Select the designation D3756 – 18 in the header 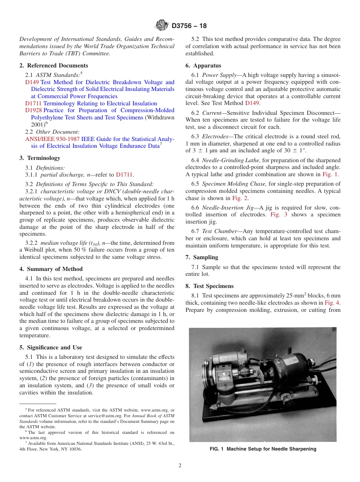click(189, 26)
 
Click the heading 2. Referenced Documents click(53, 66)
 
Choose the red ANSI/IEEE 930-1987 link click(52, 139)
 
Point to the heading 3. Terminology click(40, 158)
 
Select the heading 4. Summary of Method click(51, 269)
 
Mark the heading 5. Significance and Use click(50, 347)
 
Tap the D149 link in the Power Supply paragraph click(252, 103)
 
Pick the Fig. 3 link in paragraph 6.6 click(279, 215)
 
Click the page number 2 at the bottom click(180, 466)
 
